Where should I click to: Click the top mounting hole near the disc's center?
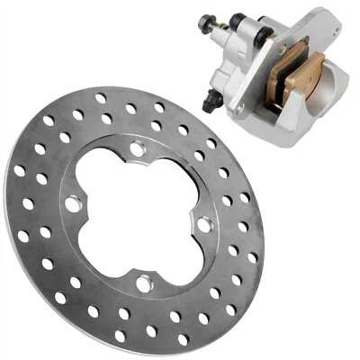[x=137, y=148]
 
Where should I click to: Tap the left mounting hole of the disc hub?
[x=73, y=203]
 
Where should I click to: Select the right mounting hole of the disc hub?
[x=204, y=225]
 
